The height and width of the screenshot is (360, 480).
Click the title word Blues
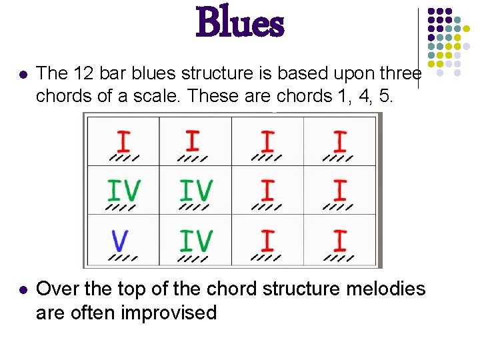240,23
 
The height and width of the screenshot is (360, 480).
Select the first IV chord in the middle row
125,191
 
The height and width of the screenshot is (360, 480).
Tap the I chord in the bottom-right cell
340,240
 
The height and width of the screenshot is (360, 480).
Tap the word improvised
169,312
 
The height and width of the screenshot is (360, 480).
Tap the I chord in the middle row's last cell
340,191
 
